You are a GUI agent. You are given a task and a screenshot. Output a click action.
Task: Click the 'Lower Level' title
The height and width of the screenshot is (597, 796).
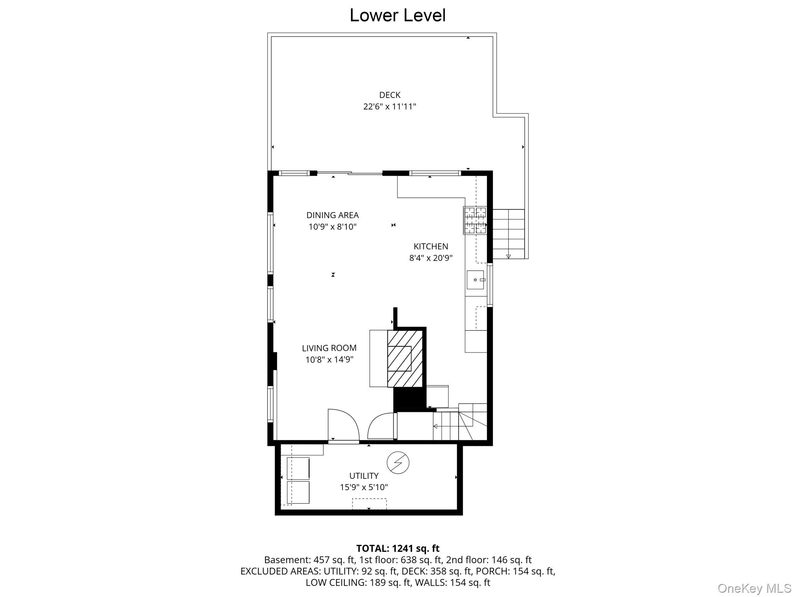pos(398,16)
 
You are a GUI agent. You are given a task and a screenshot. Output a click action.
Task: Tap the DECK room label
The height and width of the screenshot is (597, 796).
pos(390,95)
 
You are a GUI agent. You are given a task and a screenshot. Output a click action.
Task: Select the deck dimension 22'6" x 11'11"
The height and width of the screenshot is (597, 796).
pos(389,106)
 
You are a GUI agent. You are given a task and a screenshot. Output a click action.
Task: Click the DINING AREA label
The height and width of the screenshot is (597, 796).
pos(332,215)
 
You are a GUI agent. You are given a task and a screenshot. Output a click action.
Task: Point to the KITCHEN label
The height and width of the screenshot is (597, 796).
pos(431,246)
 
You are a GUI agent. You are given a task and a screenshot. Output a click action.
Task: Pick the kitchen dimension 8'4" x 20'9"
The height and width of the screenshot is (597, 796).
pos(431,258)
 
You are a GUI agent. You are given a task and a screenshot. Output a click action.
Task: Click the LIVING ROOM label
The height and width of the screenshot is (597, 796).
pos(329,348)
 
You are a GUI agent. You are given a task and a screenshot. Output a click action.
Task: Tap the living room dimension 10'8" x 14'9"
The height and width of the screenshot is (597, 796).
pos(329,360)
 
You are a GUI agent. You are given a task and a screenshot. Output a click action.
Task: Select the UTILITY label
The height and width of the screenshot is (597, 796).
pos(364,476)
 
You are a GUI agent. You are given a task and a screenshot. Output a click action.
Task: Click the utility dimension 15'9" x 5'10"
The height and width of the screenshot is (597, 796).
pos(364,487)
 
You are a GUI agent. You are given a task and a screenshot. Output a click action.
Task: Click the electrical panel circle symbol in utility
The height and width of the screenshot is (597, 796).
pos(398,463)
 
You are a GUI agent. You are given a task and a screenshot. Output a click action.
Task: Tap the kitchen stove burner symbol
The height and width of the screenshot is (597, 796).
pos(475,220)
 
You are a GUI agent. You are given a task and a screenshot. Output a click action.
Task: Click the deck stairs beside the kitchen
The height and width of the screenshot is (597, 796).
pos(508,234)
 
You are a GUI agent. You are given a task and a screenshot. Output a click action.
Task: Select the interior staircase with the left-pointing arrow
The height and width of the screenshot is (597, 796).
pos(460,422)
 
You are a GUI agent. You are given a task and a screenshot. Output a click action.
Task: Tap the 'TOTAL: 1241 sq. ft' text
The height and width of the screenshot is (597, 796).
pos(398,548)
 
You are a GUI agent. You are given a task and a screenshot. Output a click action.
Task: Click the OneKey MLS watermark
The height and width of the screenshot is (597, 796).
pos(754,588)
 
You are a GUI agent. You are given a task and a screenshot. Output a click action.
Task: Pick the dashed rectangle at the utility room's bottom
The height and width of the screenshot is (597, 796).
pos(369,504)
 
